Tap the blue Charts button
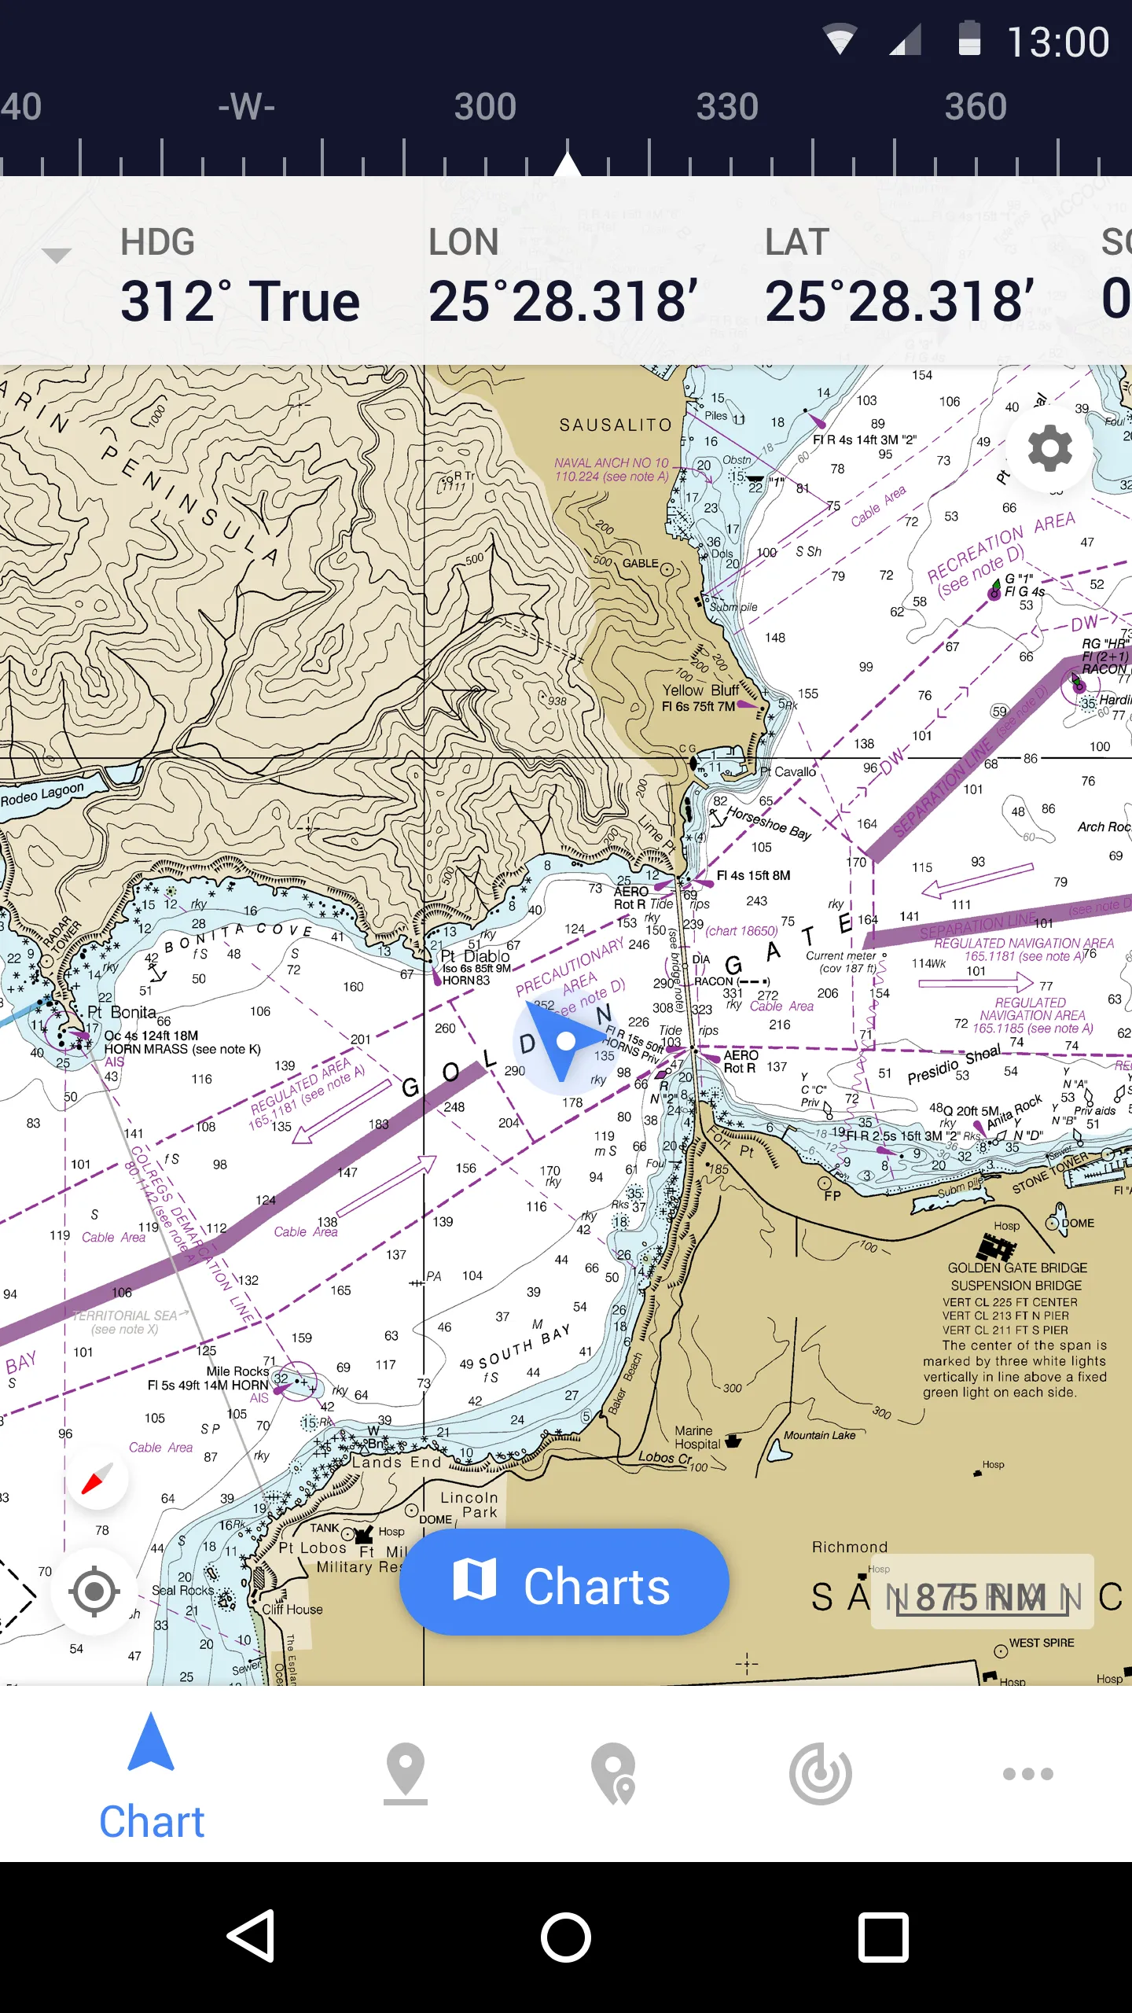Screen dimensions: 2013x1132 coord(564,1581)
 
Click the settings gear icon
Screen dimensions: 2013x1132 coord(1050,448)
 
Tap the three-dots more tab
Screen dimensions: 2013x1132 coord(1027,1774)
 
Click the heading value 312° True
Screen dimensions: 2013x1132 coord(240,301)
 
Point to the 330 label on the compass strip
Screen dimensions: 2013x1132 coord(727,107)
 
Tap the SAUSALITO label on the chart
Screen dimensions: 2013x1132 coord(616,425)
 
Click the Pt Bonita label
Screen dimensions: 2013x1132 coord(122,1012)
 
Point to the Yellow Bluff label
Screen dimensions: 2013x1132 coord(700,690)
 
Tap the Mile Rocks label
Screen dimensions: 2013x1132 coord(237,1371)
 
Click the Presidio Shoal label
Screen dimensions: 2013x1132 coord(954,1065)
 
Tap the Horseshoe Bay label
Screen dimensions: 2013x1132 coord(768,822)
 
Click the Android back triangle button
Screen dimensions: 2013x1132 coord(252,1937)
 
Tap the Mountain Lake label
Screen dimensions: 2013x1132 coord(819,1435)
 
